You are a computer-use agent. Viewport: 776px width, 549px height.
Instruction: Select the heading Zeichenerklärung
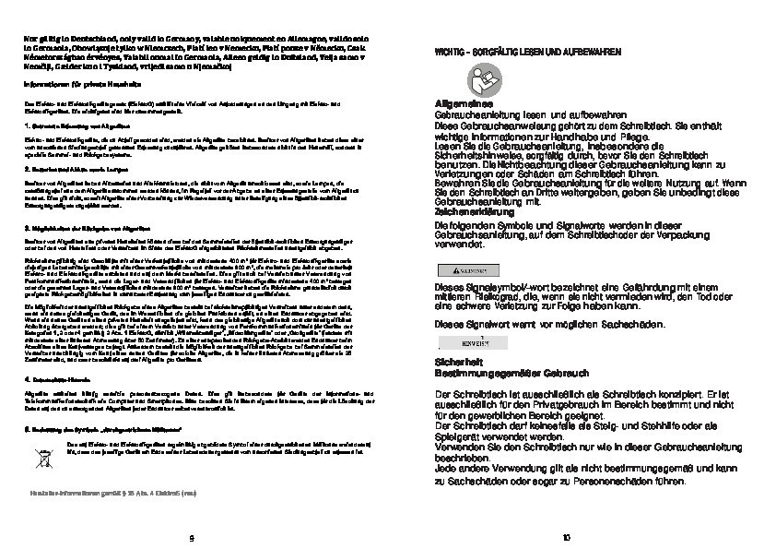[x=463, y=210]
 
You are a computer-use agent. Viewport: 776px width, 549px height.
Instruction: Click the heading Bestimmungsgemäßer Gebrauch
[x=494, y=374]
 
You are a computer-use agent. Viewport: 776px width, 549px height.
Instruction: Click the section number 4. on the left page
[x=27, y=380]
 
